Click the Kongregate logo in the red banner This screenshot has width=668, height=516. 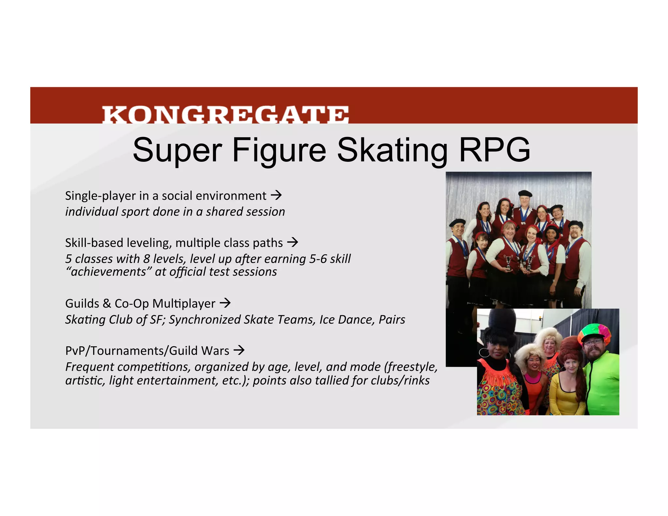tap(225, 114)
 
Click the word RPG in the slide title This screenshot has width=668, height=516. tap(494, 150)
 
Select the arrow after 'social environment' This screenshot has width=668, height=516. tap(276, 195)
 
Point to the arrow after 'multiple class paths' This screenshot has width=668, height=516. tap(293, 242)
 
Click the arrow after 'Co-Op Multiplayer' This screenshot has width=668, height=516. tap(225, 303)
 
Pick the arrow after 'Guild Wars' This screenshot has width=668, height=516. tap(239, 350)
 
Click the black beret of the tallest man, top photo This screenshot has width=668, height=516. tap(525, 193)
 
